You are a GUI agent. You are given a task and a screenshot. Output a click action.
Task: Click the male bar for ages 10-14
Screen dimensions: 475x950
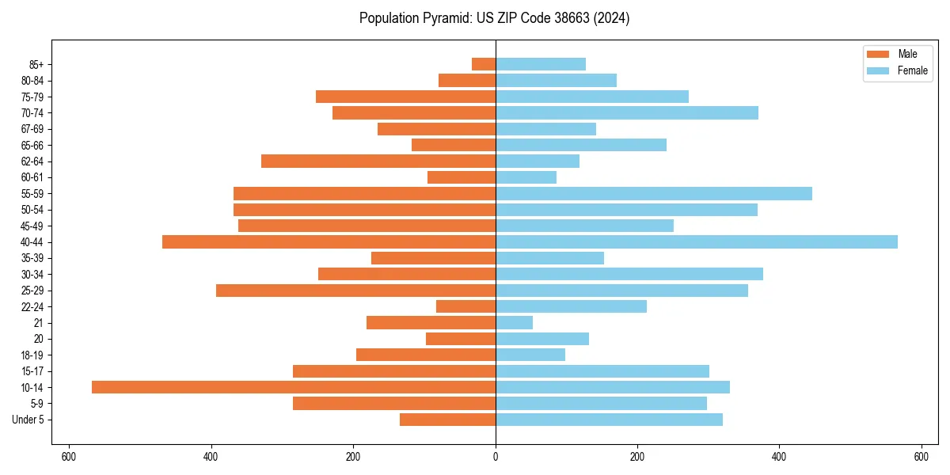(x=294, y=387)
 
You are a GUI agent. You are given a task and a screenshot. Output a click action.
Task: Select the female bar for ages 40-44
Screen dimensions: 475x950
(x=697, y=242)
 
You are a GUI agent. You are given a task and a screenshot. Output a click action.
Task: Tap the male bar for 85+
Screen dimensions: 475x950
(x=484, y=64)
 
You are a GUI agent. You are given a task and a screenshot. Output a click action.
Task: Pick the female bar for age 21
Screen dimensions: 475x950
(x=514, y=323)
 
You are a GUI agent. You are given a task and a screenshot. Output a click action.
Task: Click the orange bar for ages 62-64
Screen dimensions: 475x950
(x=378, y=161)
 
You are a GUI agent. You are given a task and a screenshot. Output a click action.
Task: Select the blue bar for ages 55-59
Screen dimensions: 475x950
(x=654, y=194)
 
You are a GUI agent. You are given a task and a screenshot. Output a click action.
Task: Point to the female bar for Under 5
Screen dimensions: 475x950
(x=609, y=420)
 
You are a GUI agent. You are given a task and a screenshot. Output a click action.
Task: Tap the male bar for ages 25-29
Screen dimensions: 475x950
(x=355, y=291)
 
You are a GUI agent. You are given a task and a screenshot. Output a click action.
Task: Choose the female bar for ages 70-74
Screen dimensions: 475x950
(x=627, y=113)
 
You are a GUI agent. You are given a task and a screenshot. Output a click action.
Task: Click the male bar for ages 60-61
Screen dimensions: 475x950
(x=462, y=177)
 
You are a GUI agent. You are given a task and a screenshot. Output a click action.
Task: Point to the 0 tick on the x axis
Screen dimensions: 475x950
(x=496, y=457)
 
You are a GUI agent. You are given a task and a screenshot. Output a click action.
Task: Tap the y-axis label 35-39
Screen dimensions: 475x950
(x=32, y=258)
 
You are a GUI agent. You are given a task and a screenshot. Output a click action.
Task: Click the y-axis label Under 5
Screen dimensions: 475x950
(x=28, y=420)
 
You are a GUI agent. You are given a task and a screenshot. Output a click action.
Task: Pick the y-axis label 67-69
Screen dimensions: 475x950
(x=32, y=129)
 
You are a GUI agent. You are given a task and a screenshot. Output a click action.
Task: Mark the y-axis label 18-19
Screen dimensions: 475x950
(x=32, y=355)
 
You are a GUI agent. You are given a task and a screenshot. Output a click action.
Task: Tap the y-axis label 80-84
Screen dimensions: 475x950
(x=32, y=81)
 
